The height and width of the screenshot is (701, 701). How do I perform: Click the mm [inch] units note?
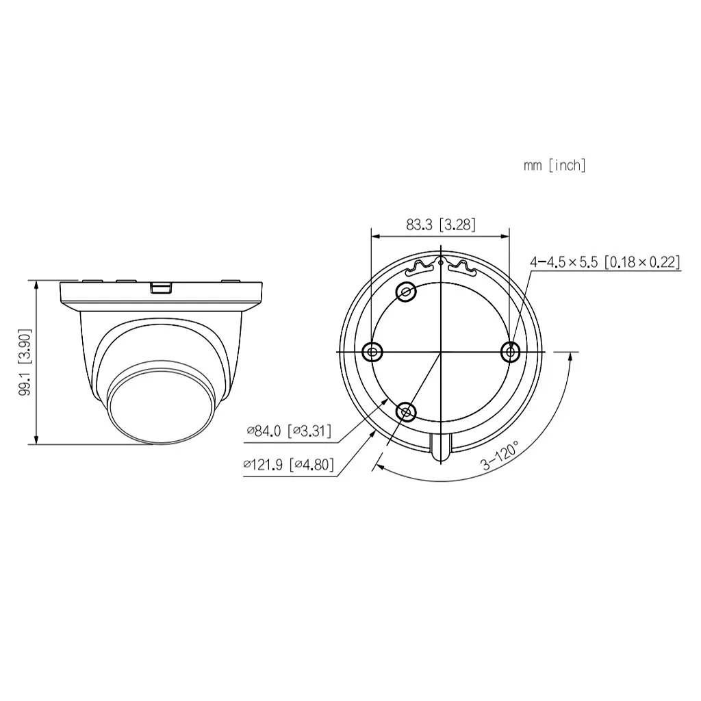(555, 165)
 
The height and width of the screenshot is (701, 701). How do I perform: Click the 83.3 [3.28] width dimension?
(440, 225)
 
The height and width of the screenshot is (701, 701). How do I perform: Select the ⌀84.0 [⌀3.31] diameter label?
(289, 431)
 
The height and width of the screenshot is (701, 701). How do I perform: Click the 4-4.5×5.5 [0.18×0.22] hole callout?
(605, 262)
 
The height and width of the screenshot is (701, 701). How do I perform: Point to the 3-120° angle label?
(500, 456)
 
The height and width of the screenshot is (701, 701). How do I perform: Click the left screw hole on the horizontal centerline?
(372, 352)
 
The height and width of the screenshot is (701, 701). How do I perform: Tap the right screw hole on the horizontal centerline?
(510, 352)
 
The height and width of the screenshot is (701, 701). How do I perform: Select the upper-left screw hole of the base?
(407, 292)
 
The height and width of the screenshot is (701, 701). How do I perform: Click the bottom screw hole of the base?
(407, 412)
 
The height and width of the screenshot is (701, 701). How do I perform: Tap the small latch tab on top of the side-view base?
(160, 287)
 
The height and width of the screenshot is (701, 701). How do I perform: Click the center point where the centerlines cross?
(441, 352)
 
